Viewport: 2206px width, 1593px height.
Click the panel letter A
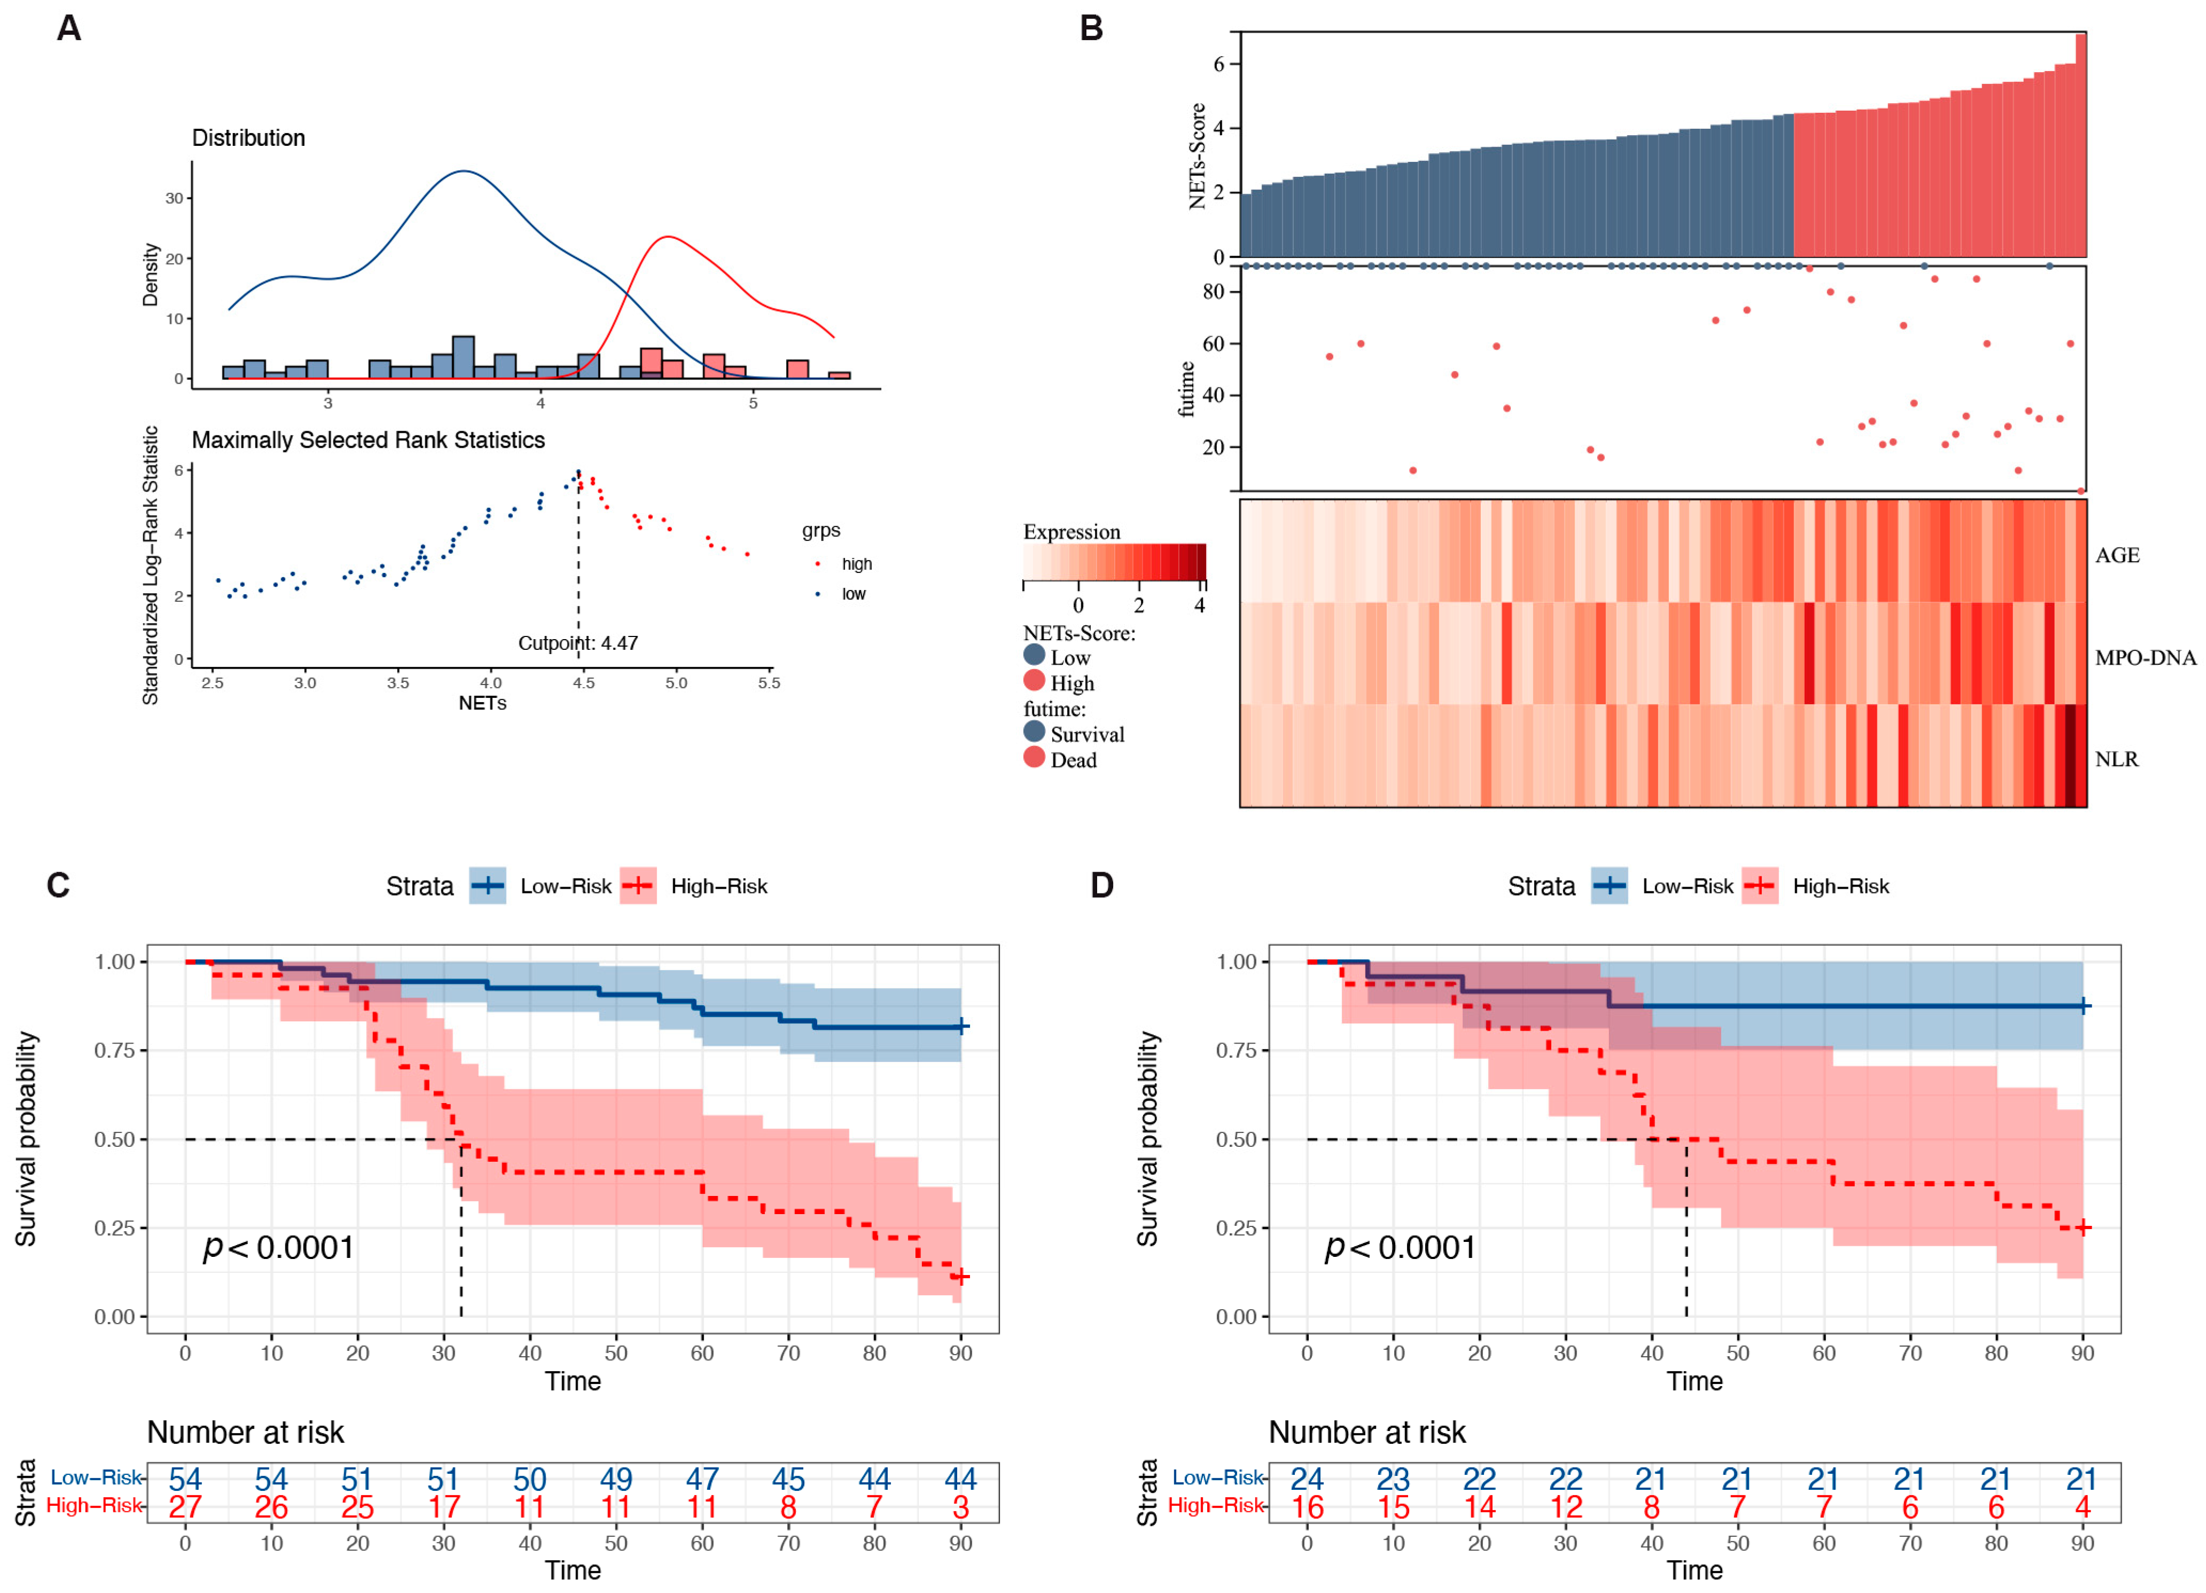click(x=68, y=28)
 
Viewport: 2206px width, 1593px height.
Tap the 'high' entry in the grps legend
click(x=856, y=564)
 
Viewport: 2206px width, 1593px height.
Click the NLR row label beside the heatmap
click(x=2117, y=759)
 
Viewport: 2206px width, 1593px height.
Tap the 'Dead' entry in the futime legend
click(x=1073, y=760)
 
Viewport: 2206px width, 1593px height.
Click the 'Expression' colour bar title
click(x=1071, y=532)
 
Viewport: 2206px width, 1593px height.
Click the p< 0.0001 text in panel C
click(x=278, y=1248)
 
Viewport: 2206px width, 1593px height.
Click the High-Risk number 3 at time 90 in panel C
click(x=960, y=1507)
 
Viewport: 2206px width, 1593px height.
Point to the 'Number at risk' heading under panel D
click(x=1366, y=1433)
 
